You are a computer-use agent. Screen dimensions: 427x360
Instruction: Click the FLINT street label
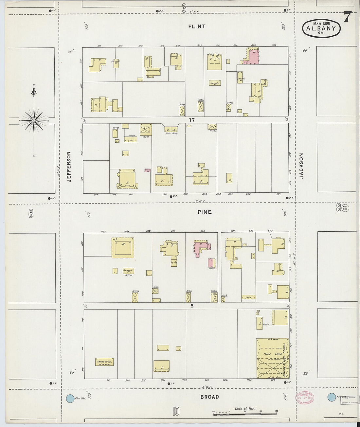[197, 27]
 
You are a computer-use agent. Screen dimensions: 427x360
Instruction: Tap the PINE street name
[205, 212]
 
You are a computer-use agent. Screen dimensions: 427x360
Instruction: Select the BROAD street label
[209, 397]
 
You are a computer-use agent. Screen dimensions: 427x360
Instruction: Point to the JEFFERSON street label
[69, 166]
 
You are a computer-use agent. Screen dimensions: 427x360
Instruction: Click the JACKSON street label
[301, 166]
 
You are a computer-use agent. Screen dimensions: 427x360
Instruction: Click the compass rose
[34, 120]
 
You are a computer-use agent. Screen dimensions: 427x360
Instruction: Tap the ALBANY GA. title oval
[321, 28]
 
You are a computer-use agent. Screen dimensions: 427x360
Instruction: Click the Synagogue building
[104, 362]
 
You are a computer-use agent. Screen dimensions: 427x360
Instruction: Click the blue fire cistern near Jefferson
[70, 398]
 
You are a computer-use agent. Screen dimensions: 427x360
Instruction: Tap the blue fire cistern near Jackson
[332, 397]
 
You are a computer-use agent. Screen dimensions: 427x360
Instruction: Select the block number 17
[192, 120]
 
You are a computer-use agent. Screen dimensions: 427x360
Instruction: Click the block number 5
[192, 306]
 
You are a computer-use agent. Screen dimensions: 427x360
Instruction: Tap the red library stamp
[304, 398]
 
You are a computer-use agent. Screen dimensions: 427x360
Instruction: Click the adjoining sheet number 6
[31, 214]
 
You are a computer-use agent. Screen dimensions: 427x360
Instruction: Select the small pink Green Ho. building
[147, 170]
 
